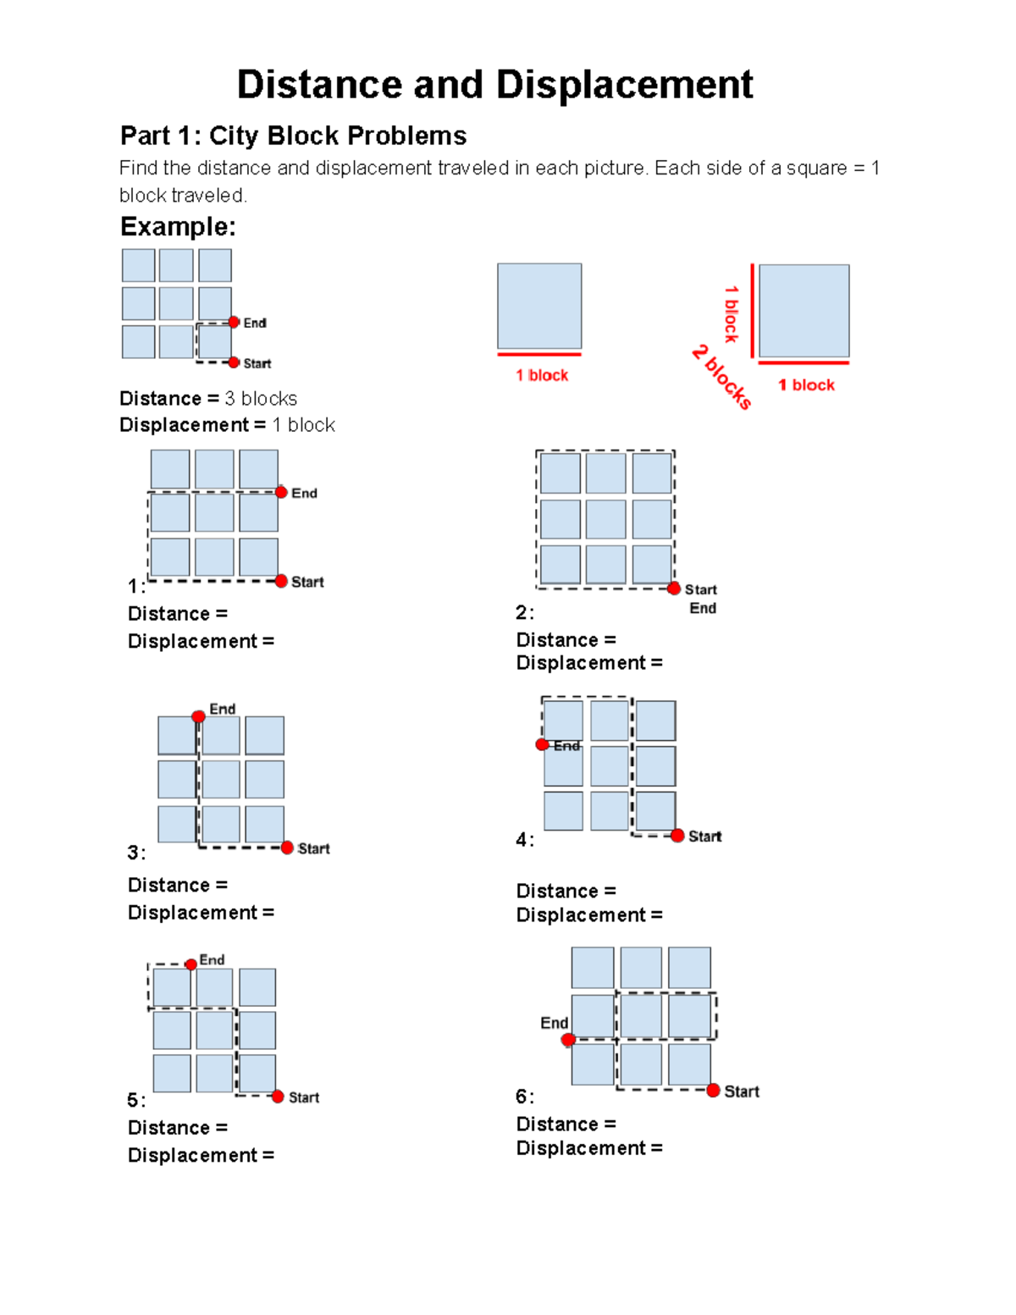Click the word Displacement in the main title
(x=624, y=85)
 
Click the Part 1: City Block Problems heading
(x=293, y=135)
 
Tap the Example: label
(x=178, y=227)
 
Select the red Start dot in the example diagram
(x=235, y=362)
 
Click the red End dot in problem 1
(x=281, y=492)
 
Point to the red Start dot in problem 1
(x=281, y=581)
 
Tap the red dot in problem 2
(x=674, y=588)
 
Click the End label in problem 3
(x=223, y=709)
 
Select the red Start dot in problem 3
(x=287, y=848)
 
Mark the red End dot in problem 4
(x=542, y=744)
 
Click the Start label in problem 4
(x=704, y=837)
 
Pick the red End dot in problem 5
(x=191, y=964)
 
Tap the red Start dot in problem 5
(x=278, y=1097)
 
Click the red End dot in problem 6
(x=568, y=1040)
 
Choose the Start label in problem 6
(x=741, y=1091)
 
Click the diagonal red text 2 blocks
(x=721, y=377)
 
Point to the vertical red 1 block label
(x=732, y=314)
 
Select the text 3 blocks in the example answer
(x=261, y=399)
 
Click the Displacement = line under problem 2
(x=589, y=663)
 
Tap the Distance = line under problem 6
(x=566, y=1124)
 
